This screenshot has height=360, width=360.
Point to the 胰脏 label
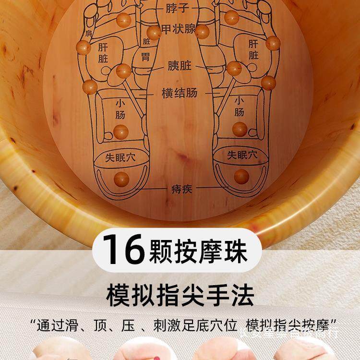coord(180,66)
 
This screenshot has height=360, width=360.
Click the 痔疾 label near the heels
coord(181,189)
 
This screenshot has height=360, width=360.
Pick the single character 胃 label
coord(145,58)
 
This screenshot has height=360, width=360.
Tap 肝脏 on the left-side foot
coord(104,53)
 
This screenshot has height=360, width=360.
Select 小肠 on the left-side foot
coord(120,109)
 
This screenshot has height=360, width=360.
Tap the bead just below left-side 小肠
coord(120,131)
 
